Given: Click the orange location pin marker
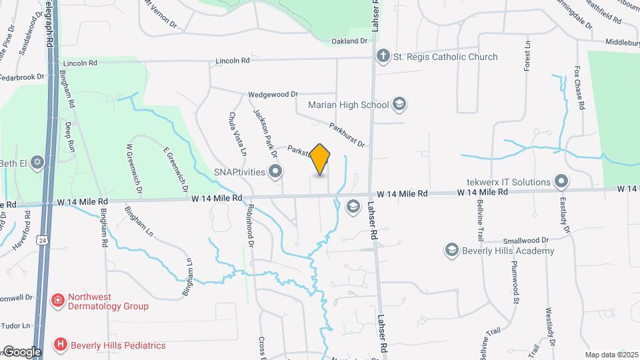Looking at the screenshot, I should [x=320, y=159].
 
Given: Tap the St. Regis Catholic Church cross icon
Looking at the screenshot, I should [x=383, y=57].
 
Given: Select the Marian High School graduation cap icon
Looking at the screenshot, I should [x=399, y=104].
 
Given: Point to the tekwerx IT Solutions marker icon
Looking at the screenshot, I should [x=561, y=181].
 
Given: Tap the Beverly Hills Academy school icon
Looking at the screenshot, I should [x=451, y=250].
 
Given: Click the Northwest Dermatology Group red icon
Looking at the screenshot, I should [x=59, y=301].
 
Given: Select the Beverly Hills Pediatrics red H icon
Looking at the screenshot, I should [x=61, y=345].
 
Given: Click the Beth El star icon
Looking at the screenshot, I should [x=38, y=163].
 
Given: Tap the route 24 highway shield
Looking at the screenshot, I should [x=43, y=239].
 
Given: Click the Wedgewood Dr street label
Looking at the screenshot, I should [x=273, y=95].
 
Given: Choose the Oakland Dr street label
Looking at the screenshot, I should [x=349, y=41].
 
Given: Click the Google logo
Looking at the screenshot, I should [x=22, y=352].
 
